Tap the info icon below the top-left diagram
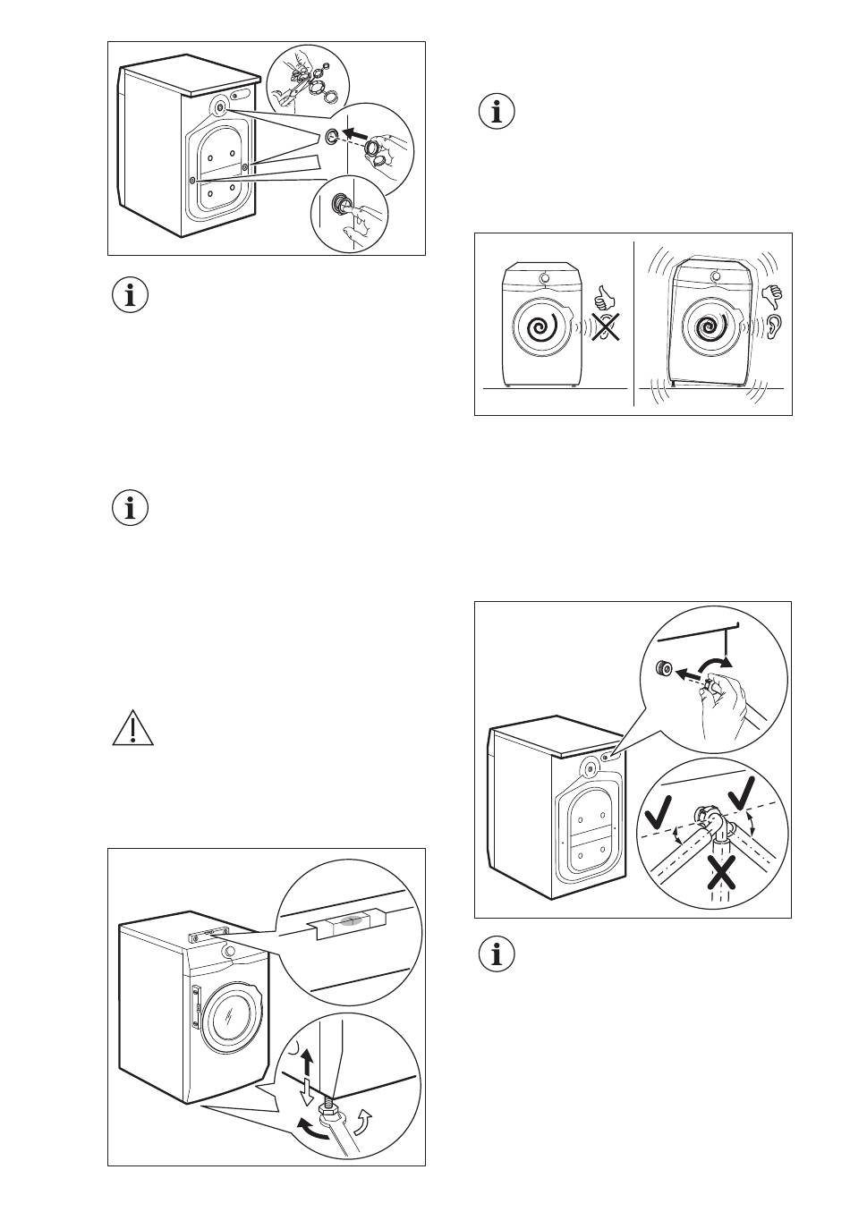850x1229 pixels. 132,296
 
